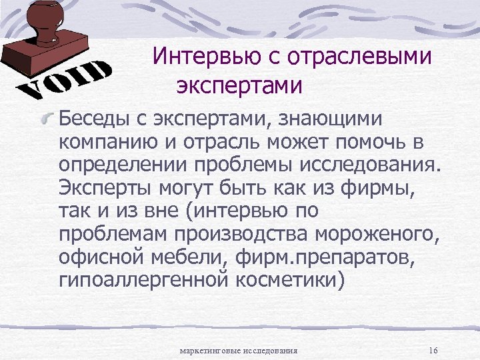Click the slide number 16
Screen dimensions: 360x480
click(433, 351)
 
